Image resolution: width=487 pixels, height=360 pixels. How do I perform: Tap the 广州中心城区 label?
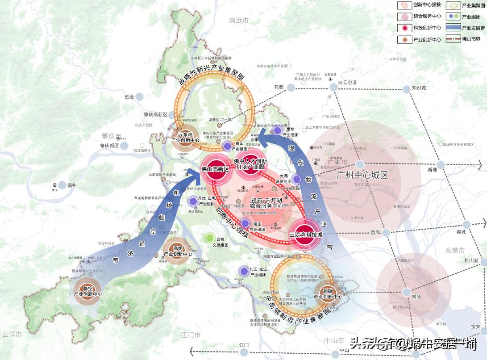363,175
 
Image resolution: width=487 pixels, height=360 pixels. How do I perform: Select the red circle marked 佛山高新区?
216,169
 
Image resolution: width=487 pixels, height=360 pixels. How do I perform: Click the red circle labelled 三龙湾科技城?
305,234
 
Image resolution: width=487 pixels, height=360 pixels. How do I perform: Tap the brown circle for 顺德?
328,293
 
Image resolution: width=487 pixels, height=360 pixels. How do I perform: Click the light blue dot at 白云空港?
333,88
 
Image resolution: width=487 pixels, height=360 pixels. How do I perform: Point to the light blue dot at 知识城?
406,89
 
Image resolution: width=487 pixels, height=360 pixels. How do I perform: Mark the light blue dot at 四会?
140,96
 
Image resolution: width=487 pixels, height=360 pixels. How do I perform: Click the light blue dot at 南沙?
406,292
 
